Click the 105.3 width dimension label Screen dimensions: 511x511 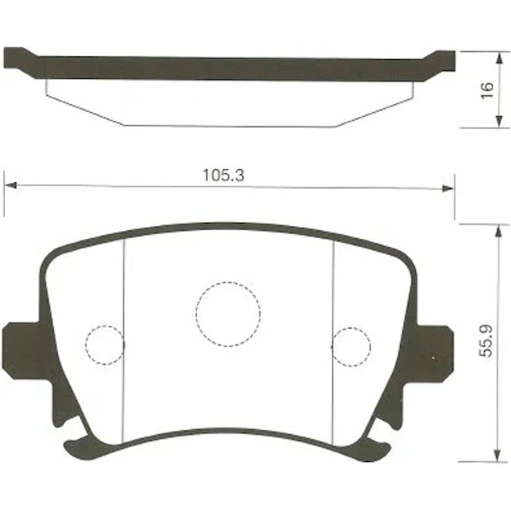coord(223,175)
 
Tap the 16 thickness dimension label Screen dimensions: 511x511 coord(487,91)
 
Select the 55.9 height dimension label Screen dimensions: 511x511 coord(486,341)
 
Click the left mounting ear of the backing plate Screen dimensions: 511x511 coord(23,351)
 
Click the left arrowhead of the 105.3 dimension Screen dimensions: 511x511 coord(10,185)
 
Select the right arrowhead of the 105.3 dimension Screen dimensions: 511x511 coord(448,188)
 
